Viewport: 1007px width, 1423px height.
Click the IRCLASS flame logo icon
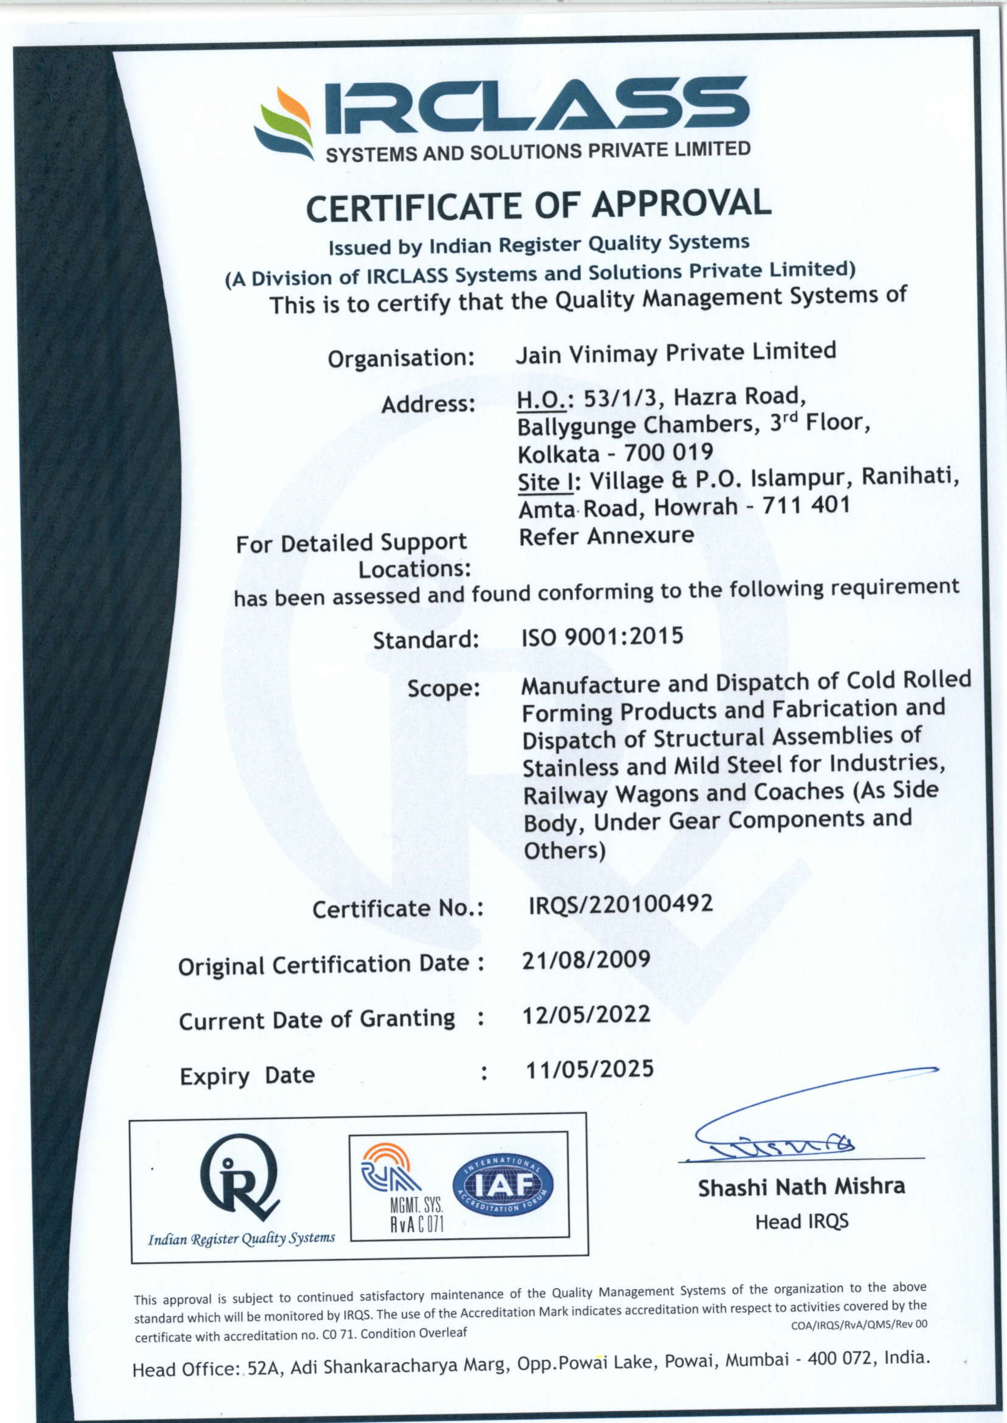(284, 124)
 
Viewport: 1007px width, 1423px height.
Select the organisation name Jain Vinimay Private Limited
(675, 353)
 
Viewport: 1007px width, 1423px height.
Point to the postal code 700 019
(668, 452)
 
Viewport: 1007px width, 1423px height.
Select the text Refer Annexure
(606, 536)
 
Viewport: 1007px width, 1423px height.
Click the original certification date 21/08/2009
(586, 959)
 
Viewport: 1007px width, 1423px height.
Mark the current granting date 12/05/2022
(586, 1014)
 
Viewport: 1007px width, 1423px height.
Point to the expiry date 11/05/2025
(589, 1070)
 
